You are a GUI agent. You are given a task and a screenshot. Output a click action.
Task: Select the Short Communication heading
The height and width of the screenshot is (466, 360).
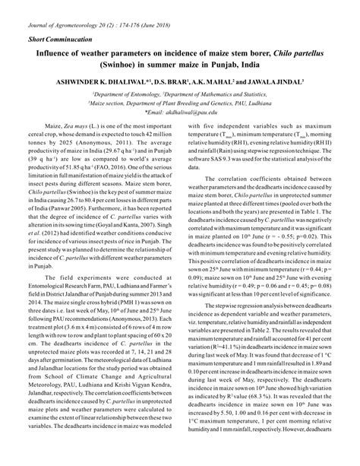click(54, 38)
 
